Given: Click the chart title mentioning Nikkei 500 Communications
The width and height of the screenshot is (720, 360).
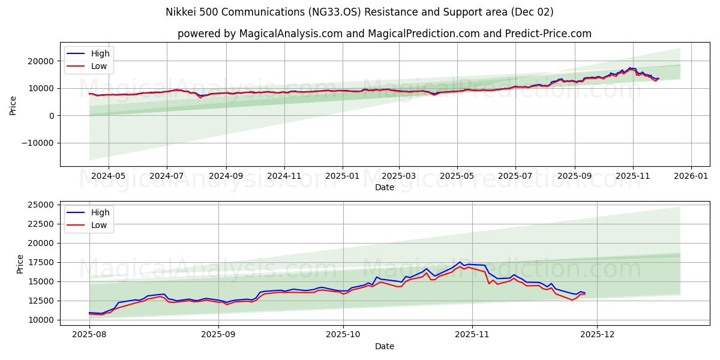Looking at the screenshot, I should pos(359,12).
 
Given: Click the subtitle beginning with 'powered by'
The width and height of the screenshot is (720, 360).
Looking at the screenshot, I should pos(384,34).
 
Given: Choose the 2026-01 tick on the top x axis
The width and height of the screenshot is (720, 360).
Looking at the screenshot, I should pos(691,176).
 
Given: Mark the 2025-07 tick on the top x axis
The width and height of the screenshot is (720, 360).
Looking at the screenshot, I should pos(515,176).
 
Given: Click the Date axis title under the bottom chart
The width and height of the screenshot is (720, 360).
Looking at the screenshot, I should pos(384,346).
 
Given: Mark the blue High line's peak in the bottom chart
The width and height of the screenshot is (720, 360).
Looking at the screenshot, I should pos(460,262).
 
